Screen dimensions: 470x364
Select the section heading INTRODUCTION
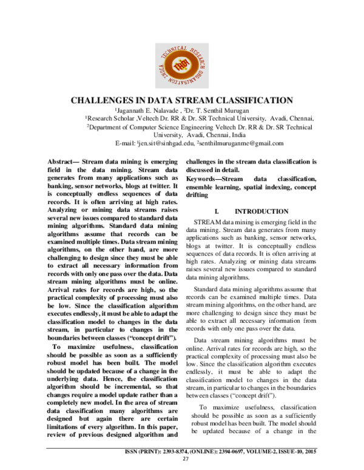click(261, 211)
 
